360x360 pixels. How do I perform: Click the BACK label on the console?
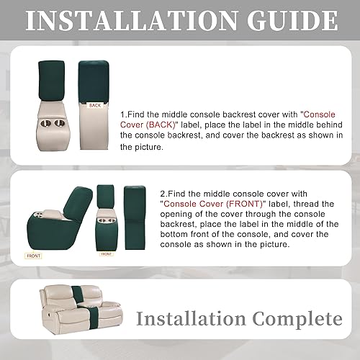point(95,105)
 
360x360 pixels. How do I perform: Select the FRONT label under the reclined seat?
point(33,255)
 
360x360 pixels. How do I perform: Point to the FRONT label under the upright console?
point(106,253)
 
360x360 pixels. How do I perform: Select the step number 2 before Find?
point(162,194)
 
